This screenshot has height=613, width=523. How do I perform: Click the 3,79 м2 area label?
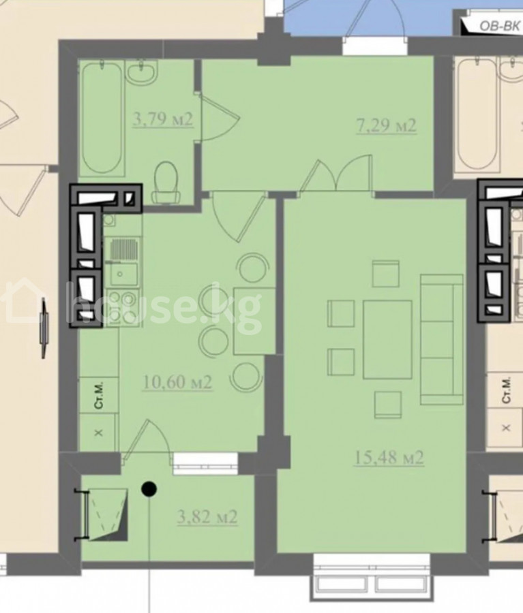(163, 119)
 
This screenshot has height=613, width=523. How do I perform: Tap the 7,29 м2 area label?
(386, 126)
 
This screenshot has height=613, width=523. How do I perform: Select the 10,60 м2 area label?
(177, 382)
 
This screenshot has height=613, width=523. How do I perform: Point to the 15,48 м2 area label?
(389, 458)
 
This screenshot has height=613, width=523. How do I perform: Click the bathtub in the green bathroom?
(102, 117)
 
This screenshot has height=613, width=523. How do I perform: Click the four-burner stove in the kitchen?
(123, 306)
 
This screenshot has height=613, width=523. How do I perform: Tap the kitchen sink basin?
(123, 274)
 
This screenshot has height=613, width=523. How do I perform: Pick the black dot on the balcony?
(149, 488)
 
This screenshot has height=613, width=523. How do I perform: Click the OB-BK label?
(500, 26)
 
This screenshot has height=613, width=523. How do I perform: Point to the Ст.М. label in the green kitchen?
(99, 396)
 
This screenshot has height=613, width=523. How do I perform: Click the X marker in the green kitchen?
(99, 433)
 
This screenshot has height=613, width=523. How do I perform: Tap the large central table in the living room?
(387, 339)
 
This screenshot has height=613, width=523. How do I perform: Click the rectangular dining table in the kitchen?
(254, 321)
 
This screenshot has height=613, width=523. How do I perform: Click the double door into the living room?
(336, 174)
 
